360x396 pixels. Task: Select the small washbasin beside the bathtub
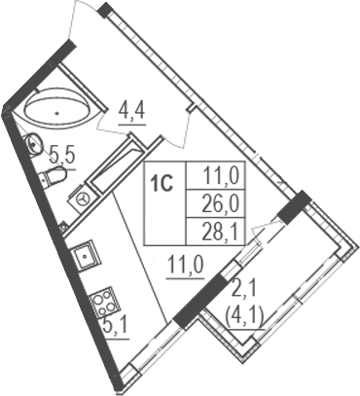pyautogui.click(x=33, y=146)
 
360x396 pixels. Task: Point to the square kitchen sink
pyautogui.click(x=86, y=257)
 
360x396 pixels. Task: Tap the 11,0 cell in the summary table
pyautogui.click(x=216, y=178)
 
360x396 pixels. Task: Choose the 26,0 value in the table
pyautogui.click(x=216, y=203)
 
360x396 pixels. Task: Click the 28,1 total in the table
pyautogui.click(x=216, y=229)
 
